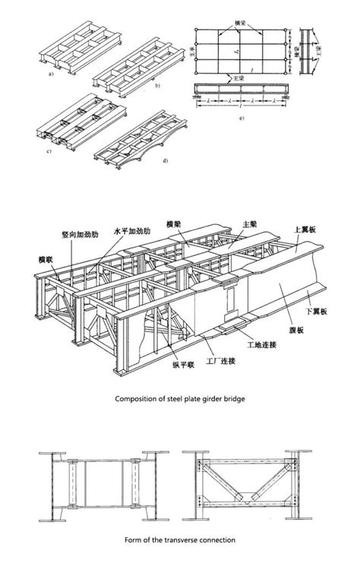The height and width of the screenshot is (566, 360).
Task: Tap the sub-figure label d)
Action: coord(163,161)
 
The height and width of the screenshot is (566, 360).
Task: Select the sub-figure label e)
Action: coord(242,120)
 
